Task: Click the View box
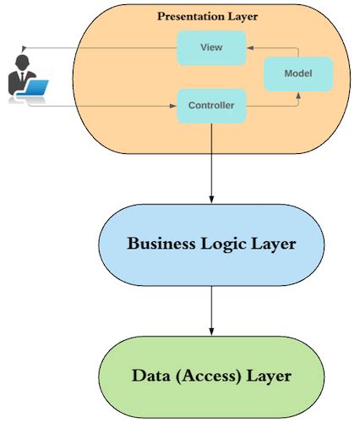pos(211,47)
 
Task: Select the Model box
pos(297,74)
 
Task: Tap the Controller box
pos(211,107)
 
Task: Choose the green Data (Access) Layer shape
pos(211,376)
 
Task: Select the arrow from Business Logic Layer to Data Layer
pos(211,317)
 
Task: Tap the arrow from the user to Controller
pos(101,107)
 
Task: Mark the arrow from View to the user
pos(101,47)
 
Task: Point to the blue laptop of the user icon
pos(38,86)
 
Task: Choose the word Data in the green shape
pos(151,376)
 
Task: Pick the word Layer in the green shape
pos(269,376)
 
